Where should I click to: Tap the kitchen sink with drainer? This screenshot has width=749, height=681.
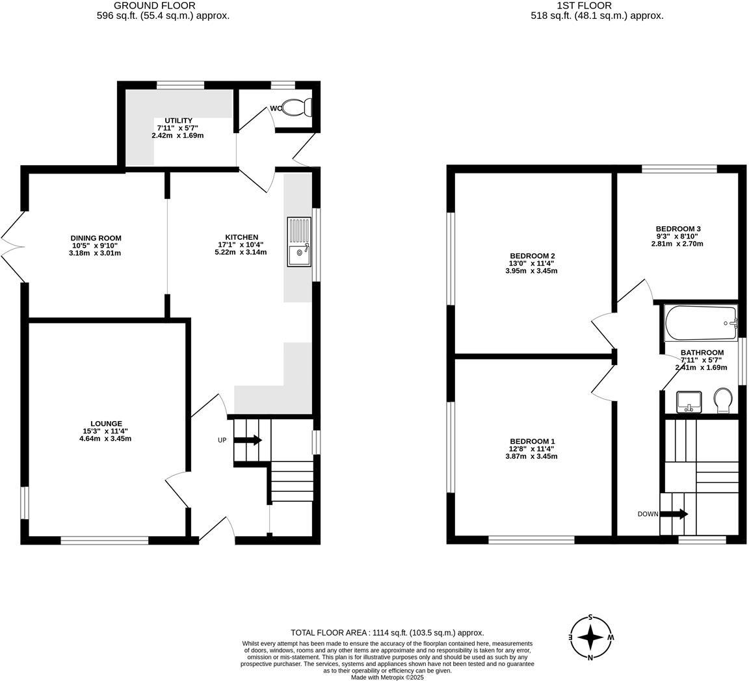[299, 242]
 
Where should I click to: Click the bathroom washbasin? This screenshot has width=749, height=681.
[689, 402]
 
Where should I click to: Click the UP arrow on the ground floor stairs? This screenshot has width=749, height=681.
[248, 440]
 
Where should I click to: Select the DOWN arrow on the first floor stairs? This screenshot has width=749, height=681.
[676, 514]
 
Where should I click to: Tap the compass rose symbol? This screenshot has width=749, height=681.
[590, 637]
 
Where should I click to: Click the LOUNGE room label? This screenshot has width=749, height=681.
[107, 424]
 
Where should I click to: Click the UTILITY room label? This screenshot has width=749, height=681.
[178, 120]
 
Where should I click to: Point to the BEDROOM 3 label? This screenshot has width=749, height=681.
[677, 229]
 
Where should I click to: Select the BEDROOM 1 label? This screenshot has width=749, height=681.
[531, 441]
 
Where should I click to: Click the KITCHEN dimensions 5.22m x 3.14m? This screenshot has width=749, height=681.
[242, 252]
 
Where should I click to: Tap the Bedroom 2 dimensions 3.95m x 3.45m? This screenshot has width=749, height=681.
[531, 271]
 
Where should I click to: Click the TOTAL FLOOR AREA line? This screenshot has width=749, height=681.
[387, 632]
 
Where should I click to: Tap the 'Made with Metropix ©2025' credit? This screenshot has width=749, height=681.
[387, 677]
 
